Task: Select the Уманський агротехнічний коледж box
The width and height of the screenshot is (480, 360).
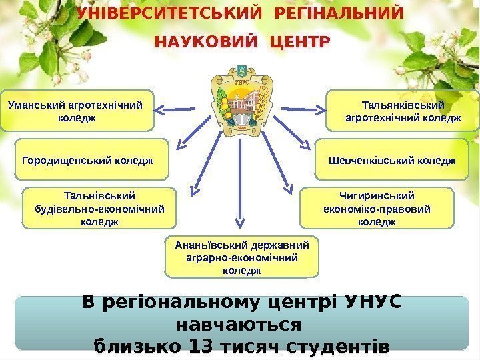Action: coord(77,111)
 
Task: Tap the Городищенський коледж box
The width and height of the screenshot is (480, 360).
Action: coord(91,160)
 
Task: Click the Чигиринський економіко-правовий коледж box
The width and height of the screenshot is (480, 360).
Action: coord(377,209)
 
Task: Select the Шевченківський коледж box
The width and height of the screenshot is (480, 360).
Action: coord(392,160)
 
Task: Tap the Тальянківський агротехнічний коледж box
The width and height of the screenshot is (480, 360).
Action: coord(403,111)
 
